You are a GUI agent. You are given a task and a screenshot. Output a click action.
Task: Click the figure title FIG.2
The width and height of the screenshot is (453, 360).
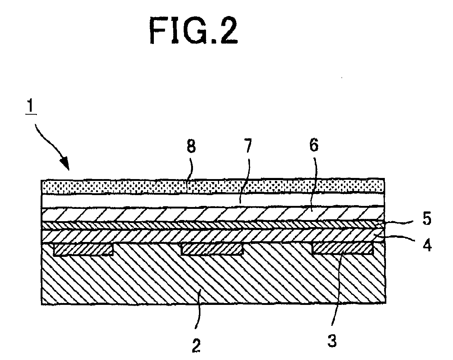pyautogui.click(x=194, y=31)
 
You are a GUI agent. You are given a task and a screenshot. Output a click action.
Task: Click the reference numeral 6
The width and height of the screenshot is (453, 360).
pyautogui.click(x=314, y=145)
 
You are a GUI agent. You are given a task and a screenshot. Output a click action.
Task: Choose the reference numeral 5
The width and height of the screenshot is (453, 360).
pyautogui.click(x=427, y=219)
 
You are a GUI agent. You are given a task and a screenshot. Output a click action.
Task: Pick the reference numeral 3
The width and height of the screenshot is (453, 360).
pyautogui.click(x=332, y=340)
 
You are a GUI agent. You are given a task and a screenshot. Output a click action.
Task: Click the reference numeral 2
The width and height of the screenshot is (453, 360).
pyautogui.click(x=196, y=345)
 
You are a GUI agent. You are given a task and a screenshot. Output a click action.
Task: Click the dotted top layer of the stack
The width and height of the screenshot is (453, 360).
pyautogui.click(x=213, y=186)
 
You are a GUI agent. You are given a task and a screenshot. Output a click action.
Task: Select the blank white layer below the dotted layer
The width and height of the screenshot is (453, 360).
pyautogui.click(x=213, y=200)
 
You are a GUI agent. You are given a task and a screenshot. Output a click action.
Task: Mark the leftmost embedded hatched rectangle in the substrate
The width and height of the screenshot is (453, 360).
pyautogui.click(x=83, y=250)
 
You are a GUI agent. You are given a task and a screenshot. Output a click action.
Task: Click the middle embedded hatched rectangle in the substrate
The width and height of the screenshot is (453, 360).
pyautogui.click(x=212, y=249)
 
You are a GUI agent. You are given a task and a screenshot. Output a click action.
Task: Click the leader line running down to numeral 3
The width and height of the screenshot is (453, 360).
pyautogui.click(x=335, y=288)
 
